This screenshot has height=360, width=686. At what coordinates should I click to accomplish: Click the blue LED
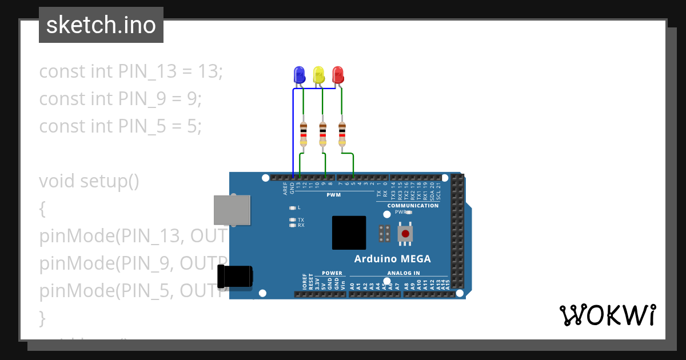tap(299, 75)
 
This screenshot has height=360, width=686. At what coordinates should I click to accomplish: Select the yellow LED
tap(318, 75)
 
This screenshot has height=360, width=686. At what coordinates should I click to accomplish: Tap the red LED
tap(338, 74)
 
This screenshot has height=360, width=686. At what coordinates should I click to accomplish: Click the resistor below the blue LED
tap(304, 134)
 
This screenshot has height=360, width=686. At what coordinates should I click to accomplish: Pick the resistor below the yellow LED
tap(323, 134)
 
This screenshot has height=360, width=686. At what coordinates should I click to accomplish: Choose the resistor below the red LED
tap(342, 134)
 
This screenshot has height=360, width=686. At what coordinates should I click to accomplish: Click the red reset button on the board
tap(406, 233)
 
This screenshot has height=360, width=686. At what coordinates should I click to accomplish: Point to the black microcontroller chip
tap(349, 233)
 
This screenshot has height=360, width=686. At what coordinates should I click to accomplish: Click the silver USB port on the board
tap(232, 209)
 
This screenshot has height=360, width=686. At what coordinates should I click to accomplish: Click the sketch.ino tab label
tap(101, 25)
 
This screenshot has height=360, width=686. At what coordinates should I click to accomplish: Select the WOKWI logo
tap(607, 315)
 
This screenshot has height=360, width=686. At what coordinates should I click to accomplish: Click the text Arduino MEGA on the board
tap(392, 259)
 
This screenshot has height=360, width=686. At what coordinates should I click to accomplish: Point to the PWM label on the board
tap(333, 195)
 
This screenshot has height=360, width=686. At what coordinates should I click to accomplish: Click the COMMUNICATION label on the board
tap(413, 206)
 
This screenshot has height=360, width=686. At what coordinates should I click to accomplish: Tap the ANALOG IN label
tap(403, 273)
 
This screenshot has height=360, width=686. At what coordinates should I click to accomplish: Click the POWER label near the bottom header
tap(332, 273)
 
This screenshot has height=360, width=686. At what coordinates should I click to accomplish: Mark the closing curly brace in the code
tap(42, 317)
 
